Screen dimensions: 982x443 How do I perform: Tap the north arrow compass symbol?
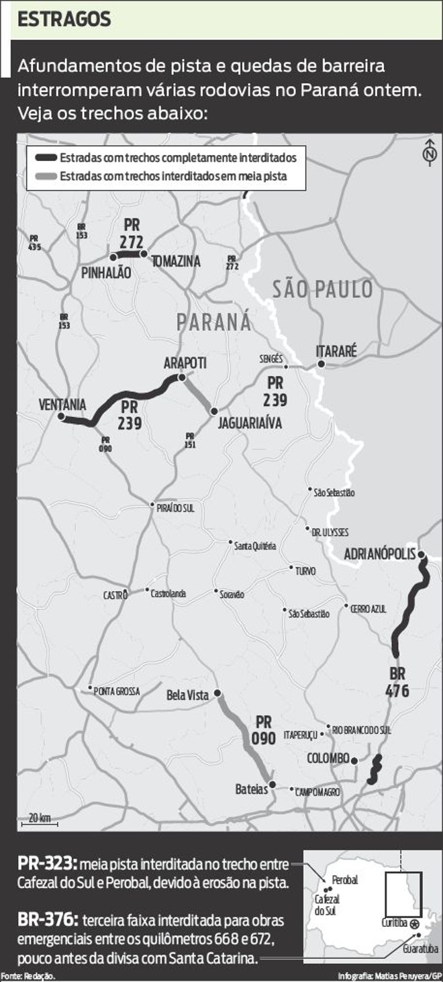[428, 153]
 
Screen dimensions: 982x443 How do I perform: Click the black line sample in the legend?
[46, 159]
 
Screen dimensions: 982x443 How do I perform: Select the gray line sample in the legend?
[46, 177]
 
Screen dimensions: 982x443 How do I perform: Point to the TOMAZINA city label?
[176, 262]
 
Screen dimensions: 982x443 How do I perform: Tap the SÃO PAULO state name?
[322, 289]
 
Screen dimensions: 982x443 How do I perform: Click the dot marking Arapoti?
[181, 378]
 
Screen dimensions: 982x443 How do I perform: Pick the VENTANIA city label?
[62, 405]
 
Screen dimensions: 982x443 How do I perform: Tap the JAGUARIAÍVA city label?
[249, 424]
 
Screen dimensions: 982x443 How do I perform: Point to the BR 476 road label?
[397, 682]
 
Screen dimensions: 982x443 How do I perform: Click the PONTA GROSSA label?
[117, 691]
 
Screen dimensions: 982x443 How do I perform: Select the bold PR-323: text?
[48, 863]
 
